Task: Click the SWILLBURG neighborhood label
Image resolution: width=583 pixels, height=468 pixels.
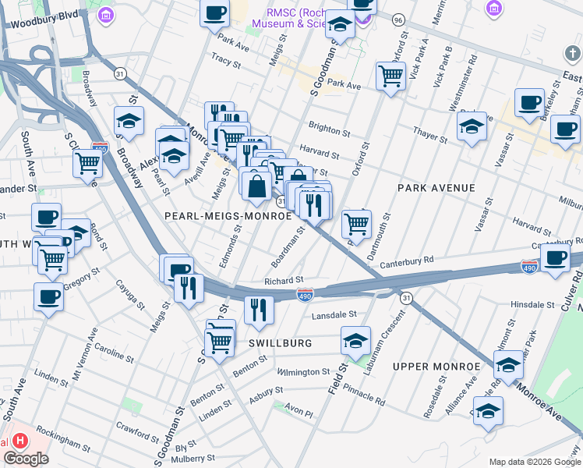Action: click(x=281, y=343)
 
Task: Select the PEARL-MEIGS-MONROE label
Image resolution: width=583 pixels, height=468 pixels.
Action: click(x=228, y=215)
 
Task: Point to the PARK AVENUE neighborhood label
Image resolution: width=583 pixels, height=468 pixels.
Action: click(x=436, y=188)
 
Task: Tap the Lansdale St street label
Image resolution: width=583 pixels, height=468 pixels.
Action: click(x=334, y=315)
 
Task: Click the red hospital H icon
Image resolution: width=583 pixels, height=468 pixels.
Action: click(x=21, y=440)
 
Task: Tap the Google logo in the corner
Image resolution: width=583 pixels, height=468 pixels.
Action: click(x=26, y=459)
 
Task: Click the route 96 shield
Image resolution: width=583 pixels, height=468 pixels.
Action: click(x=398, y=19)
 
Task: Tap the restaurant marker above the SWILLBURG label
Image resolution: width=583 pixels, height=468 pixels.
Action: click(x=259, y=310)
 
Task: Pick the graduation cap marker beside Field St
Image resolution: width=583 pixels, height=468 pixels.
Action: click(x=355, y=341)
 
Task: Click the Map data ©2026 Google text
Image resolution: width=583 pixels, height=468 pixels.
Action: click(x=535, y=461)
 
